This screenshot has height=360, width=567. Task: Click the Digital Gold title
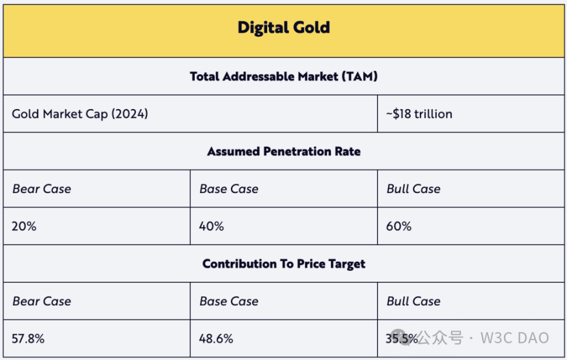pos(283,27)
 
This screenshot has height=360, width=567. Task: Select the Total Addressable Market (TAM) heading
pos(283,76)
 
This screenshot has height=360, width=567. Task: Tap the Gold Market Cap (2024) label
pos(80,114)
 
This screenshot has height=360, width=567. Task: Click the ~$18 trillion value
pos(419,114)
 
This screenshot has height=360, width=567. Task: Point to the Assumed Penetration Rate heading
pos(283,152)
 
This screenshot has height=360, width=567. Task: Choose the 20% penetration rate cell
pos(24,226)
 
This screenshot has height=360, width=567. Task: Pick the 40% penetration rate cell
pos(211,226)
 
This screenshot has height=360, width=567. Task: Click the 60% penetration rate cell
pos(398,226)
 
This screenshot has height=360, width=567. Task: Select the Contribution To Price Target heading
pos(283,264)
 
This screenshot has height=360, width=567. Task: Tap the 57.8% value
pos(28,338)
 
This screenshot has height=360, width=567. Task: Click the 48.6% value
pos(216,338)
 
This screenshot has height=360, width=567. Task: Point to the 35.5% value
pos(401,338)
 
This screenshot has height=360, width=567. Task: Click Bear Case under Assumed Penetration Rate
pos(41,189)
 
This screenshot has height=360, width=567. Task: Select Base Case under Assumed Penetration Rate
pos(229,189)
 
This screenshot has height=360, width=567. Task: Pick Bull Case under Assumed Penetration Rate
pos(413,189)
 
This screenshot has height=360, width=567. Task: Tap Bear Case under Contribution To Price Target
pos(41,301)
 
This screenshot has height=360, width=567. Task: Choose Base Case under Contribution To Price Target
pos(229,301)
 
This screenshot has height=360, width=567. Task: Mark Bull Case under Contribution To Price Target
pos(413,301)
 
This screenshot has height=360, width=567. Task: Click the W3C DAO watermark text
pos(514,338)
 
